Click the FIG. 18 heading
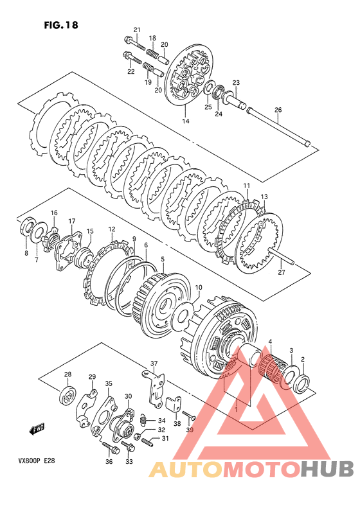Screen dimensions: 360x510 tap(61, 25)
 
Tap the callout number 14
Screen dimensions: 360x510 tap(186, 121)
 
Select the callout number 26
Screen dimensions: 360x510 tap(278, 110)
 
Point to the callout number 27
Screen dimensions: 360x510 tap(281, 272)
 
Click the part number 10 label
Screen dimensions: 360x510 tap(198, 288)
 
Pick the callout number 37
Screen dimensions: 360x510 tap(154, 364)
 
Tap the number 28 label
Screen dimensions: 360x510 tap(67, 374)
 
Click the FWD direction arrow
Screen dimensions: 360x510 tap(37, 429)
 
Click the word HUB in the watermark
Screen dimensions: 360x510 tap(327, 470)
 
